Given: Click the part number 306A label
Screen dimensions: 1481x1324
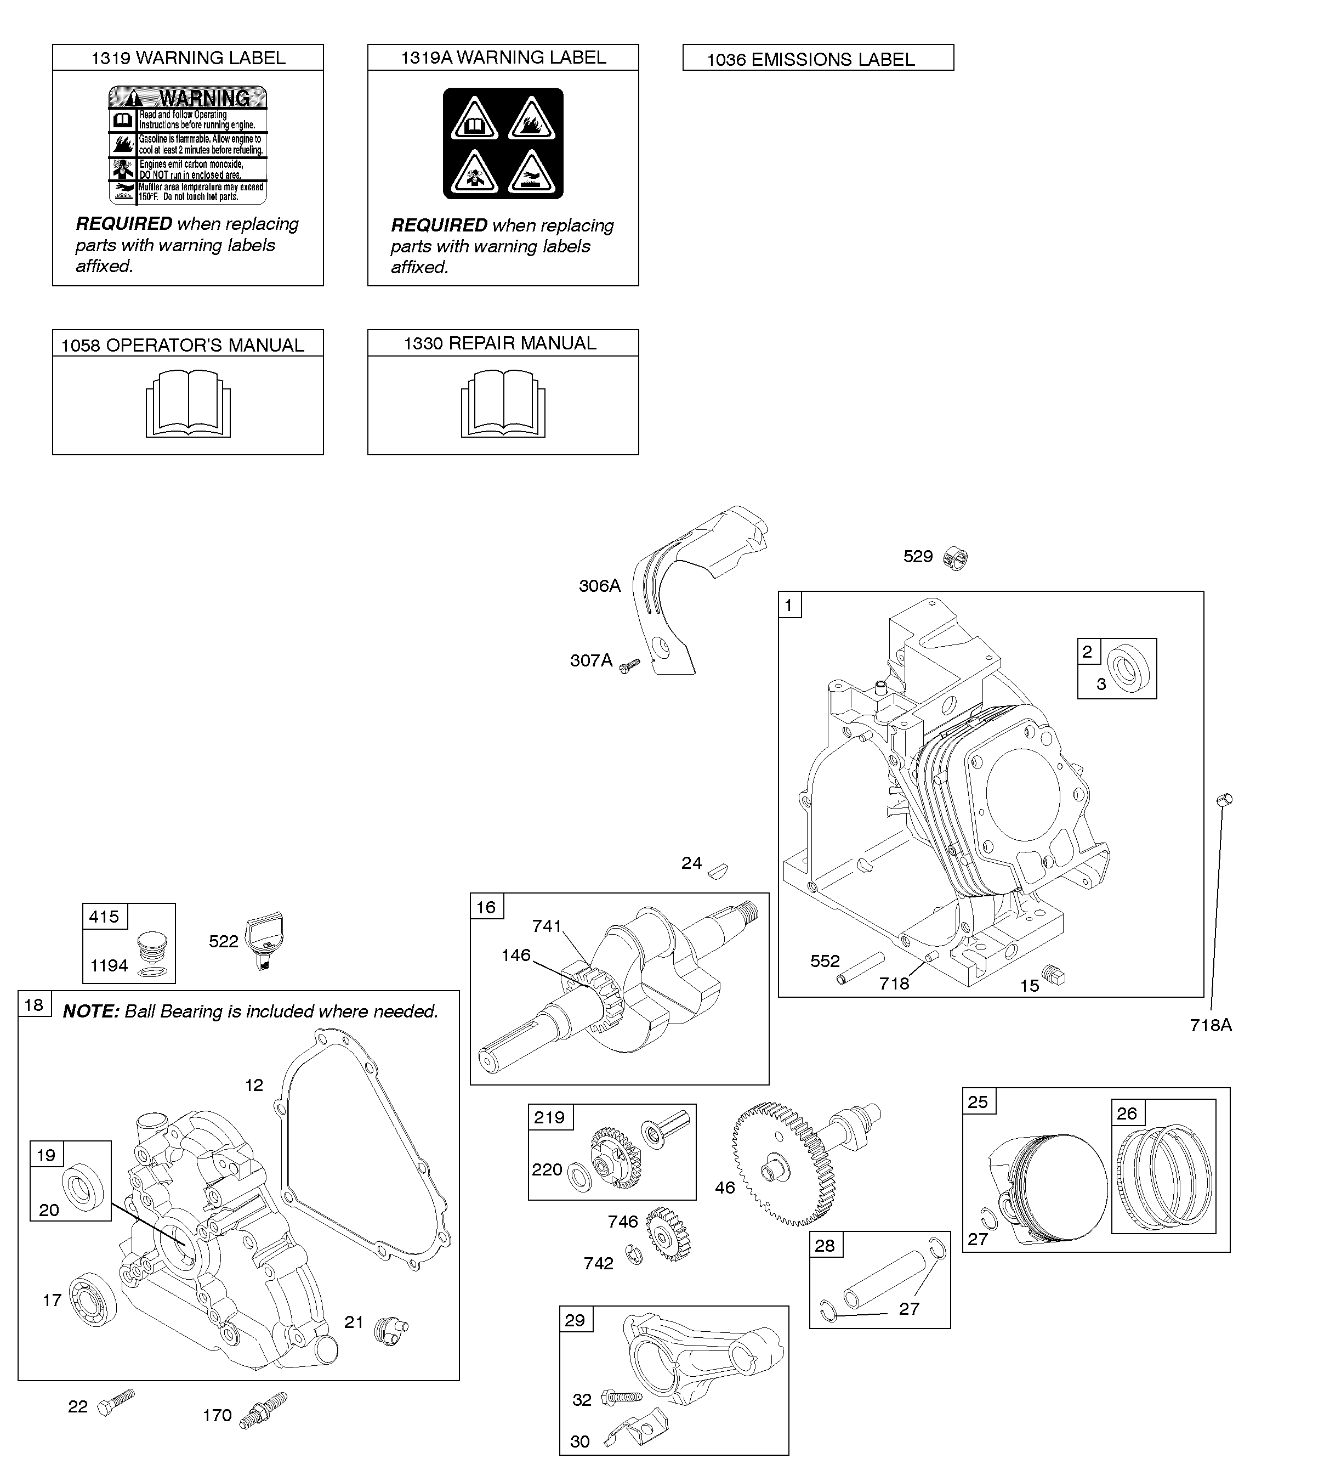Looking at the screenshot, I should click(599, 586).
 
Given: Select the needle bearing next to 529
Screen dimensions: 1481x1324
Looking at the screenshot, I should click(956, 558).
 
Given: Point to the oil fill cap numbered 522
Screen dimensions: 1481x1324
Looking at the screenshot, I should click(264, 940).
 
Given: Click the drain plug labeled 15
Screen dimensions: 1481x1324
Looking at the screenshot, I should click(1053, 975).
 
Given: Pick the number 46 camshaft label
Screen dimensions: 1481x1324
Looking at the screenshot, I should click(725, 1188).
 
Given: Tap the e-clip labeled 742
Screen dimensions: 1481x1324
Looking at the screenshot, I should click(634, 1253).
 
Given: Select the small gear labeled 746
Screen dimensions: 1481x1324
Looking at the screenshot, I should click(668, 1234).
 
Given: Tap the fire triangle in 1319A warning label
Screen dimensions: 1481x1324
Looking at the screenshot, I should click(532, 120).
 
